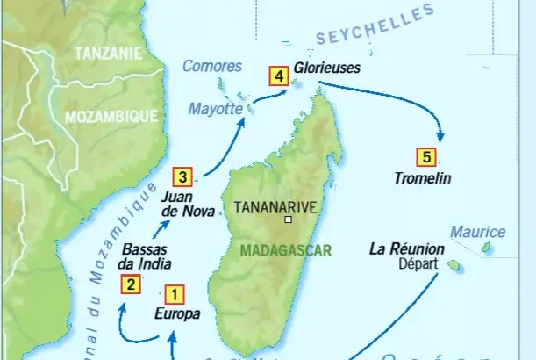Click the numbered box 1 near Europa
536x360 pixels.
point(174,294)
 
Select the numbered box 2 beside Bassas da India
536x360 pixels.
point(130,283)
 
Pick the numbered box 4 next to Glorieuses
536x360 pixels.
point(278,76)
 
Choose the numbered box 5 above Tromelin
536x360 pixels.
point(425,157)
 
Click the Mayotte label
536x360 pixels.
point(215,108)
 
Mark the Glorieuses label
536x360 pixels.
point(327,66)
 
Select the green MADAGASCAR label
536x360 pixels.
point(286,250)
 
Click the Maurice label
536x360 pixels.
point(478,232)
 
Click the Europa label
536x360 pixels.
point(177,313)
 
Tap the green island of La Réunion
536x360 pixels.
point(454,263)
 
